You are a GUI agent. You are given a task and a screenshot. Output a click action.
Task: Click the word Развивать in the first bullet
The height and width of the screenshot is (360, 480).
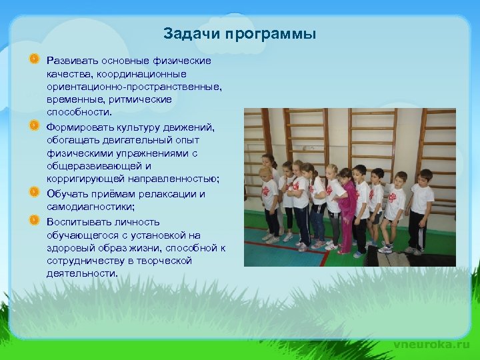coord(72,61)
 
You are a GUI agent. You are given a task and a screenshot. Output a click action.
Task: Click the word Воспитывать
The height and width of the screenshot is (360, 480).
coord(79,221)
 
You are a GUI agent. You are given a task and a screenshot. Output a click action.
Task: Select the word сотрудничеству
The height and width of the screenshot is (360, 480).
coord(86,261)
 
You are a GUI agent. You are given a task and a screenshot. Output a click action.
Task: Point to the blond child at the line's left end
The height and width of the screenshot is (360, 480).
coord(269,200)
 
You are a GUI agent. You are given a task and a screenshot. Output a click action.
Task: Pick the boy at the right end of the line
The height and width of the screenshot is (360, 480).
coord(420,207)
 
